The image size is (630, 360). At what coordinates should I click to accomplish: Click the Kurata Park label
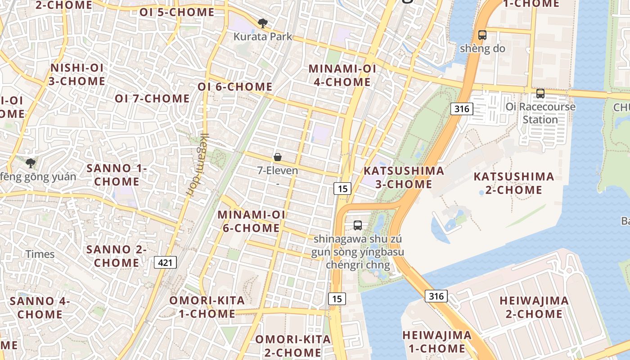[x=263, y=36]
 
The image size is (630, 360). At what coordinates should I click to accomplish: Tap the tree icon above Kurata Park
[x=262, y=23]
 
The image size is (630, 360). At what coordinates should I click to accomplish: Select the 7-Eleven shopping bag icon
[x=278, y=157]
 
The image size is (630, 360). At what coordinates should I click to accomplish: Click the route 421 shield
[x=166, y=262]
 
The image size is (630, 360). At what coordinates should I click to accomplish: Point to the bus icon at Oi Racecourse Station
[x=540, y=94]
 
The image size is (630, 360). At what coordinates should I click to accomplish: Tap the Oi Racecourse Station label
[x=540, y=113]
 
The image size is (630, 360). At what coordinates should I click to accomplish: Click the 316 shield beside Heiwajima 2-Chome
[x=436, y=296]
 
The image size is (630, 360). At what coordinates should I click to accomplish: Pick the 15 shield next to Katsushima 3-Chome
[x=342, y=188]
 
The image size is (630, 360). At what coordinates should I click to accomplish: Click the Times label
[x=40, y=254]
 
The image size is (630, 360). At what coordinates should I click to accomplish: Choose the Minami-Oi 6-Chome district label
[x=251, y=221]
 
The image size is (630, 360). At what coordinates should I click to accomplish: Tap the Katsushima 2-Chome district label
[x=513, y=183]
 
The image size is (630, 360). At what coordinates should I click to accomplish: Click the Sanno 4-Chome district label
[x=40, y=307]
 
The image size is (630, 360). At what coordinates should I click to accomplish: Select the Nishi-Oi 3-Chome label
[x=77, y=75]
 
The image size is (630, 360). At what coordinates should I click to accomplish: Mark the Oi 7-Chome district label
[x=152, y=98]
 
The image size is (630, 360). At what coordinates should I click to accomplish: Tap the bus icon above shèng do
[x=482, y=35]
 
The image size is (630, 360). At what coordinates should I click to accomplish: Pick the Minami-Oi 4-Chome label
[x=342, y=75]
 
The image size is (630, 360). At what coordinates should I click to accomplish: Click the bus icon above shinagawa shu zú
[x=358, y=225]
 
